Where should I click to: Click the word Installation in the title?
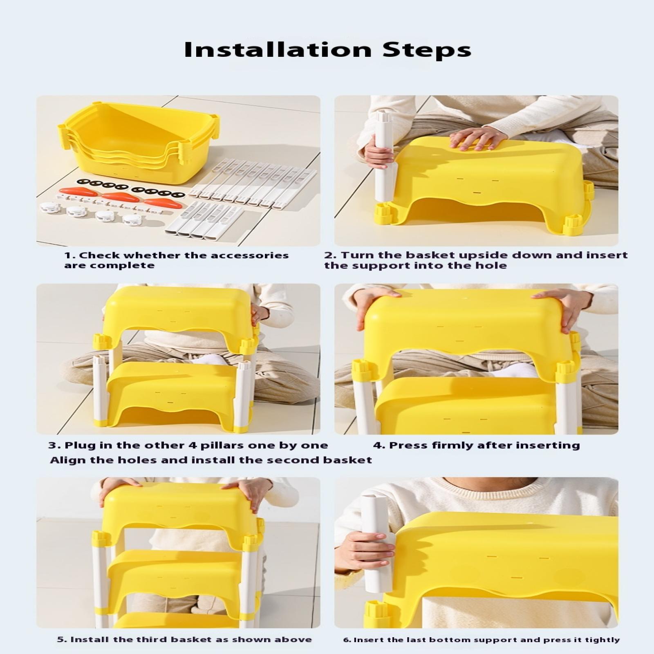(278, 49)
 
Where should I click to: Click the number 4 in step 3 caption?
(192, 445)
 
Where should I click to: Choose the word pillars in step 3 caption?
(221, 445)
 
